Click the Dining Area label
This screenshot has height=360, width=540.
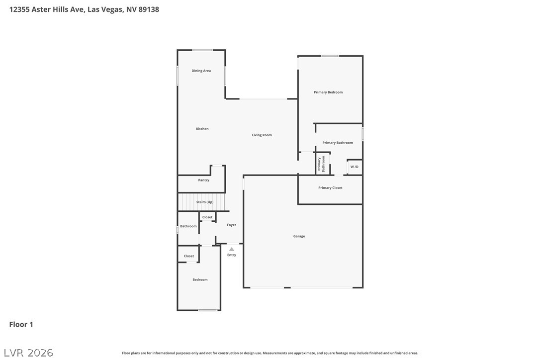201,71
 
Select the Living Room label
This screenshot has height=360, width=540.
262,135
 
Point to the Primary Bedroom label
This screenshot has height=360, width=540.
328,92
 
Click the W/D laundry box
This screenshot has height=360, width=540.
354,167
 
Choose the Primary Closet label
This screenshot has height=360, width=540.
330,188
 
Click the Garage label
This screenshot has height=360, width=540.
299,236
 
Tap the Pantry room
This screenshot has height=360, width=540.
204,180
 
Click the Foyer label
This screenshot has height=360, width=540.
232,225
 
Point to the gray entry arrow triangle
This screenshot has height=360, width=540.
231,249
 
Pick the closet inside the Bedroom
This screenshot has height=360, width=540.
189,256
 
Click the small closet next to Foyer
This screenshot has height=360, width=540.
207,217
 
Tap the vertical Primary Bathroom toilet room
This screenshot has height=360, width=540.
323,164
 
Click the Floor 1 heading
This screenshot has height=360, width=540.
21,325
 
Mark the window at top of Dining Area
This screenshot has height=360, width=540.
203,50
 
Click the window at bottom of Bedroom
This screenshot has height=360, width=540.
208,310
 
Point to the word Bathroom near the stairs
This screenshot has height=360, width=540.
188,226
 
